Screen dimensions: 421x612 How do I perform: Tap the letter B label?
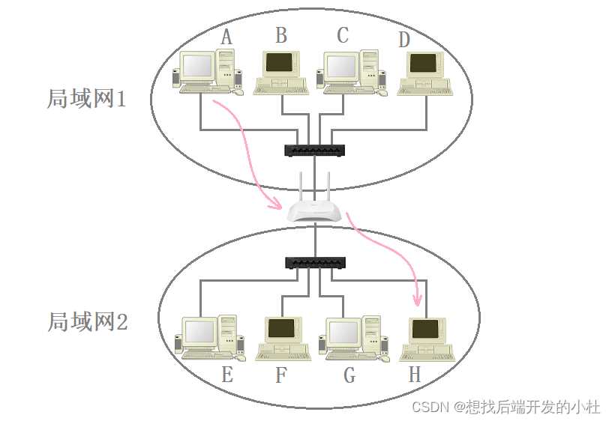281,35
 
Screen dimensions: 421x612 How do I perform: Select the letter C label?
343,35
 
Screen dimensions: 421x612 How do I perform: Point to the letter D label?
404,39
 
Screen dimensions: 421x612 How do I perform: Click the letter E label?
227,375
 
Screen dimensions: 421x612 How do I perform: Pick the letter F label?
281,375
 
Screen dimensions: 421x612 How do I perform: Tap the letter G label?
349,375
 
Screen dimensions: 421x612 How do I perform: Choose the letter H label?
415,375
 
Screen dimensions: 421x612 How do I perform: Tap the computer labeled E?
209,337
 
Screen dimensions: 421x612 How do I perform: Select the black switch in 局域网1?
315,150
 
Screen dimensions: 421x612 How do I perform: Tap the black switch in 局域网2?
315,263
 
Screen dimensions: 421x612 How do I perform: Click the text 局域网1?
86,99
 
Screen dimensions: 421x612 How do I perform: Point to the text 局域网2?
88,322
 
